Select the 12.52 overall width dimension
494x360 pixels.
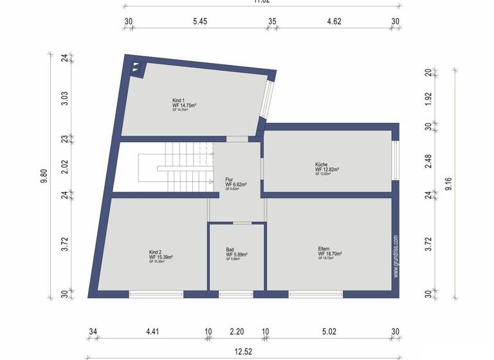(242, 352)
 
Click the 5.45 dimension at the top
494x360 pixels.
(200, 21)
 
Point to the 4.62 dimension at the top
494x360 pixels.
(334, 21)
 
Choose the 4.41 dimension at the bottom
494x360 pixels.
(152, 332)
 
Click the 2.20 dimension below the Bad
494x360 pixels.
(237, 332)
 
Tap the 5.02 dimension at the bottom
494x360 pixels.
(329, 332)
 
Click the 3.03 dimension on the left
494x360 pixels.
(64, 98)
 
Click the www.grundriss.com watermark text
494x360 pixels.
(396, 256)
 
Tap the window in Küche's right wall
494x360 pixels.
(396, 160)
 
